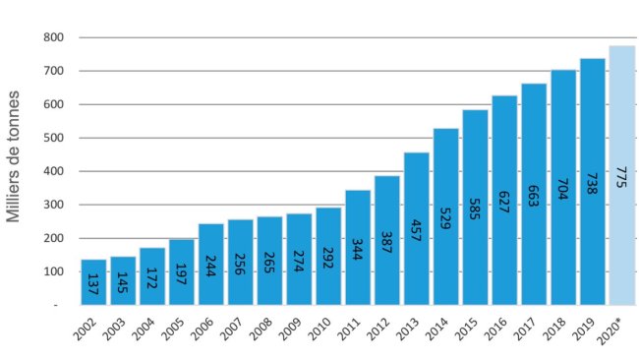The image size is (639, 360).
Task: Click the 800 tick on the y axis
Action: click(x=54, y=38)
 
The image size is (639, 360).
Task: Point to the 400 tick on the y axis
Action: click(x=54, y=171)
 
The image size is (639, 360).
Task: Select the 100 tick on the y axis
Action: click(x=54, y=271)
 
